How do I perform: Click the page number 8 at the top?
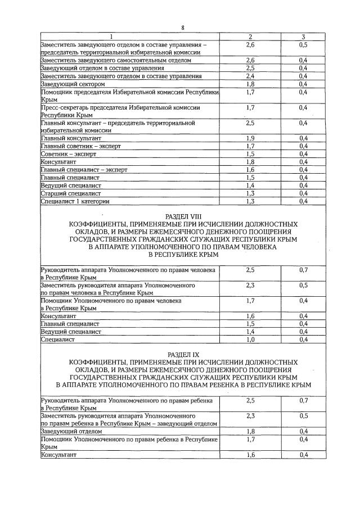pos(183,28)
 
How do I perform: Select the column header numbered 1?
pos(129,37)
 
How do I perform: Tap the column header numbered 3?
pos(304,37)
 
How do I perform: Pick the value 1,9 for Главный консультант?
pos(250,137)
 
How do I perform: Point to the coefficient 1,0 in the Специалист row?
pos(250,339)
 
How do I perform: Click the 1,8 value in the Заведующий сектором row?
pos(250,84)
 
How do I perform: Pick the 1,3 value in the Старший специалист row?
pos(250,193)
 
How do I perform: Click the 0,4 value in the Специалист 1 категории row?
pos(304,201)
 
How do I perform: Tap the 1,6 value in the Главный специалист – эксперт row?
pos(250,169)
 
